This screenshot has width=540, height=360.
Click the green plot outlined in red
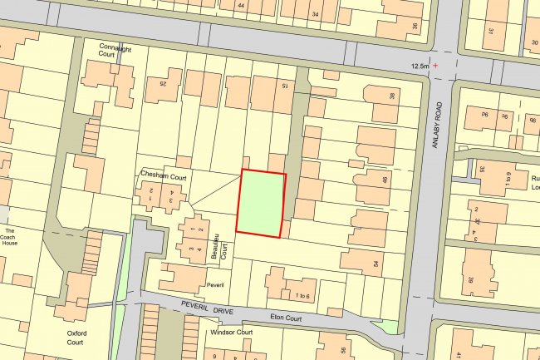coord(261,203)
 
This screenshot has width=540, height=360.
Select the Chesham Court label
coord(169,176)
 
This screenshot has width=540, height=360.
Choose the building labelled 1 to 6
coord(302,296)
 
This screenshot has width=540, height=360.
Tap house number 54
coord(376,264)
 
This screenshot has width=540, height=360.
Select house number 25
coord(174,83)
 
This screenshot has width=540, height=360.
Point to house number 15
coord(284,86)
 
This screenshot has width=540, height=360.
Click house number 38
coord(392,96)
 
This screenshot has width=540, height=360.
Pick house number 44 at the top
coord(241,6)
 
